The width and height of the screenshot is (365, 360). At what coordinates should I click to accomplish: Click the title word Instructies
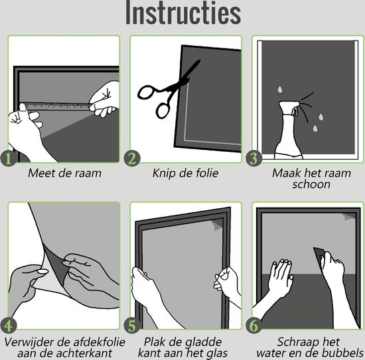[183, 12]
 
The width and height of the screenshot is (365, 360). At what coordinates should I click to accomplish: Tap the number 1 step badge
[9, 159]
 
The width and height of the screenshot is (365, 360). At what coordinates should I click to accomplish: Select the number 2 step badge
[132, 159]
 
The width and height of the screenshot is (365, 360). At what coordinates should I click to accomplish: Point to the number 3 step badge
[254, 159]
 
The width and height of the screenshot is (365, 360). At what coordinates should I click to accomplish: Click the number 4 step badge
[9, 326]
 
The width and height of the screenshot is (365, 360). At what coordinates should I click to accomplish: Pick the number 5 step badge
[132, 326]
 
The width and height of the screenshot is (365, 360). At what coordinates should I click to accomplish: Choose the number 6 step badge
[254, 326]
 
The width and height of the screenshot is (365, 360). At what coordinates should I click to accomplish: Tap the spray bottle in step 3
[288, 130]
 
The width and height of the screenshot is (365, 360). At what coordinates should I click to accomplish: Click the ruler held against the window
[57, 106]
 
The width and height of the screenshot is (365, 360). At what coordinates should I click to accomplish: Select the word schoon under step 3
[311, 184]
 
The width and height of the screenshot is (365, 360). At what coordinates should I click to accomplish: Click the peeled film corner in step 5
[217, 225]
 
